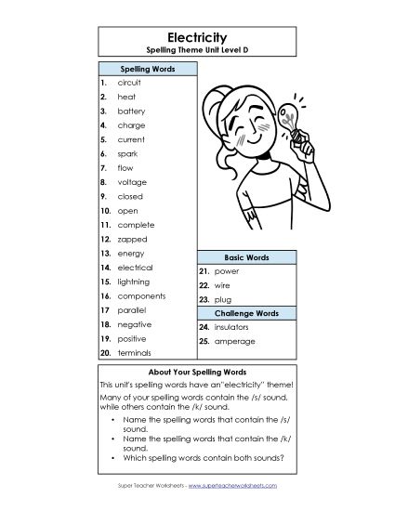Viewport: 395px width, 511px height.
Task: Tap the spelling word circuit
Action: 129,83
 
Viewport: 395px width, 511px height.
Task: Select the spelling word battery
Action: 131,111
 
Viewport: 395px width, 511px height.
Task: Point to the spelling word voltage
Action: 132,182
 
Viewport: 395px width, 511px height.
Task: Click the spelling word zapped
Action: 131,239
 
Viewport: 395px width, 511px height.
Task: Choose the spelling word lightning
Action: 134,282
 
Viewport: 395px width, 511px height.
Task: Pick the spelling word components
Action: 139,295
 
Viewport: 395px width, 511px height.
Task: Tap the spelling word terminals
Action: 135,353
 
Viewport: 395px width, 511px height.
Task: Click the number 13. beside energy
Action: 106,253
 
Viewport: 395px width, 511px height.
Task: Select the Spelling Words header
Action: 147,69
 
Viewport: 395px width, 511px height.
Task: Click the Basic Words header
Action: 246,256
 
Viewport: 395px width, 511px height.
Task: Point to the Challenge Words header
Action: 246,313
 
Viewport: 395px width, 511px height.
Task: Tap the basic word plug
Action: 221,299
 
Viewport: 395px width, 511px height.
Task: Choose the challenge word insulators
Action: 232,328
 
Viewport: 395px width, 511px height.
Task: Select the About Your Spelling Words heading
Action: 197,369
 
